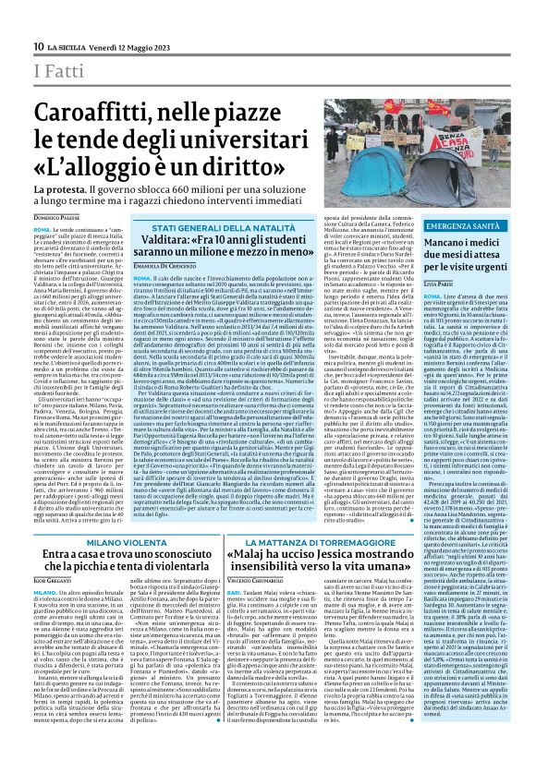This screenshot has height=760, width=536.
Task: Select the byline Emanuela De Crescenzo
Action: tap(165, 266)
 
